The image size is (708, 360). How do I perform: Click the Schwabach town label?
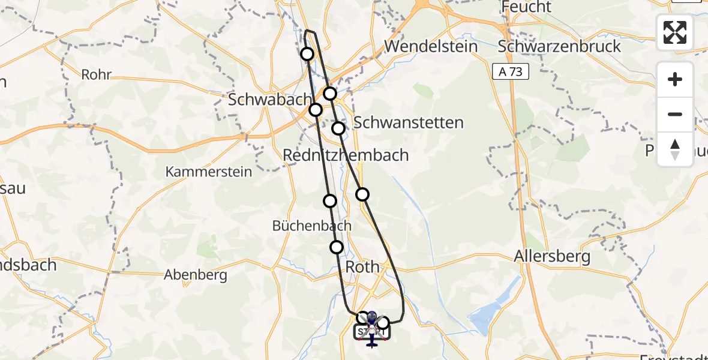[x=270, y=100]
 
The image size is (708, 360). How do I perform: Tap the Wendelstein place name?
[x=431, y=46]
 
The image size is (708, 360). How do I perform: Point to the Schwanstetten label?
[x=409, y=123]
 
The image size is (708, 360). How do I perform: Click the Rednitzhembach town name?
[x=346, y=155]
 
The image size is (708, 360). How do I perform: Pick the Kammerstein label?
[x=209, y=172]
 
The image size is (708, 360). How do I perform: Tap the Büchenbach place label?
[x=311, y=226]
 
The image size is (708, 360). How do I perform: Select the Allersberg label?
[x=552, y=257]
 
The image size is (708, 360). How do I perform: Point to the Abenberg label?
[x=196, y=275]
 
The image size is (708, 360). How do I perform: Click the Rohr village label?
[x=97, y=76]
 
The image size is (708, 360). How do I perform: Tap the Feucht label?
[x=527, y=7]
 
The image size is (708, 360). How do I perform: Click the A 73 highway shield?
[x=511, y=72]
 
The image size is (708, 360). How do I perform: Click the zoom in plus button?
[x=675, y=80]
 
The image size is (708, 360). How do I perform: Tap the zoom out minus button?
[x=675, y=114]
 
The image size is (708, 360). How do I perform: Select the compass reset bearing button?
[x=675, y=149]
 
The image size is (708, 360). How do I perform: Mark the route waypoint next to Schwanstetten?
[x=338, y=128]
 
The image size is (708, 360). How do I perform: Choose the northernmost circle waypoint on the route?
[x=307, y=54]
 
